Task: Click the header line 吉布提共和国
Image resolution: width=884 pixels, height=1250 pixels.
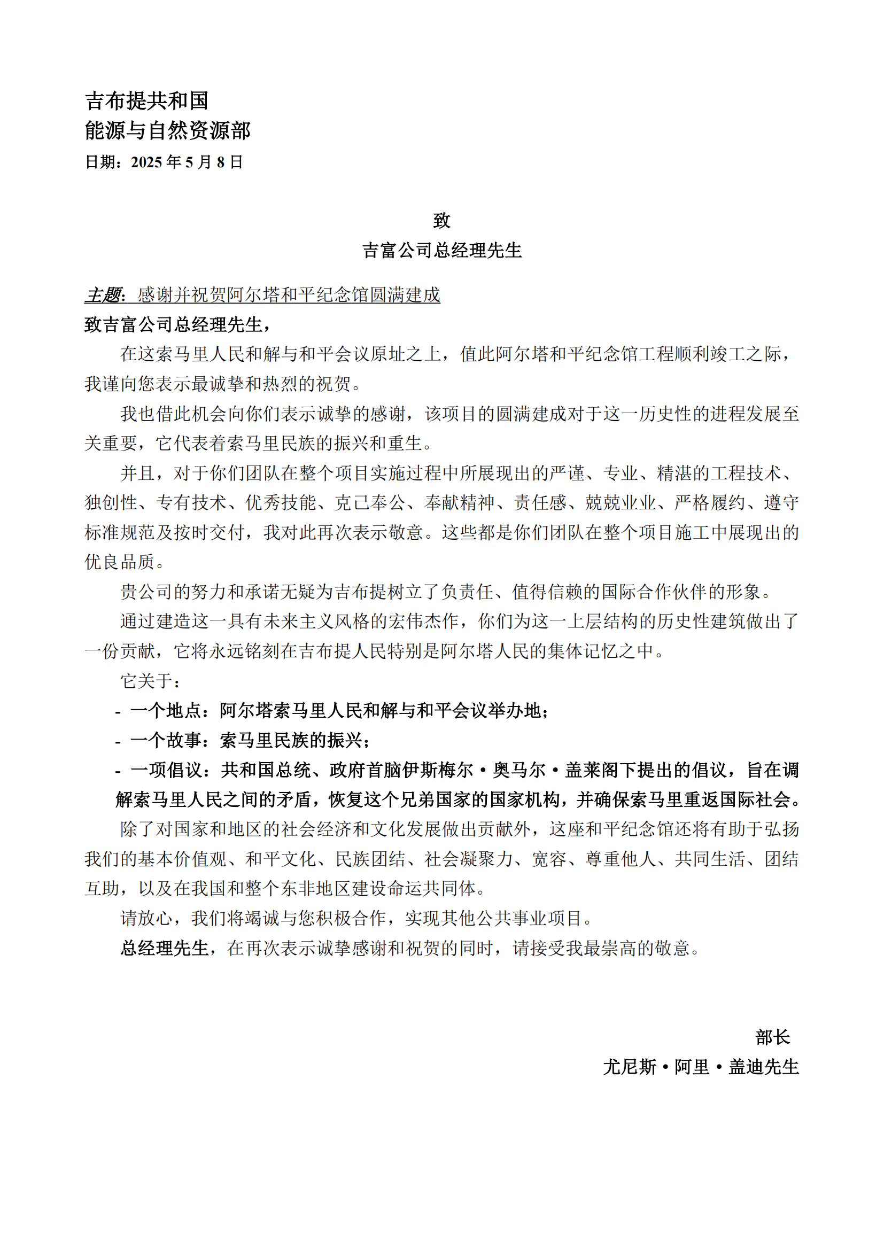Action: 146,100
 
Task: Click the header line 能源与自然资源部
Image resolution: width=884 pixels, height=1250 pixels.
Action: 167,130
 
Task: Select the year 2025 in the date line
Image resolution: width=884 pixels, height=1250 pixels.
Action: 146,162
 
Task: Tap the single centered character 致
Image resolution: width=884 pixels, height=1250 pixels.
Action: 441,221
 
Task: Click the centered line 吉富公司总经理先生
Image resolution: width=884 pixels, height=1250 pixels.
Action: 441,251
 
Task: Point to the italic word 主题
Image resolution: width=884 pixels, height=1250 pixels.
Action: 103,295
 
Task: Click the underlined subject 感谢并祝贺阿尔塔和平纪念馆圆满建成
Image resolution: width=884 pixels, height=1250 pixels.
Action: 289,295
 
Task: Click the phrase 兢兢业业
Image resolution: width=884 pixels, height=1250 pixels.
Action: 620,503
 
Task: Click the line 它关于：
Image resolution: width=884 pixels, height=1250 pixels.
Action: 150,681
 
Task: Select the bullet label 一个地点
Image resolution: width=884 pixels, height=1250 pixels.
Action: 166,711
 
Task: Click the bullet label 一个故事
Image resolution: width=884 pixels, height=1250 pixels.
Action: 166,740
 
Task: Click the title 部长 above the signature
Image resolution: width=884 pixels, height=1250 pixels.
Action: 772,1037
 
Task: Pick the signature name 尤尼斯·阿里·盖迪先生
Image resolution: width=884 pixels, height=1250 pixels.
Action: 701,1067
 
